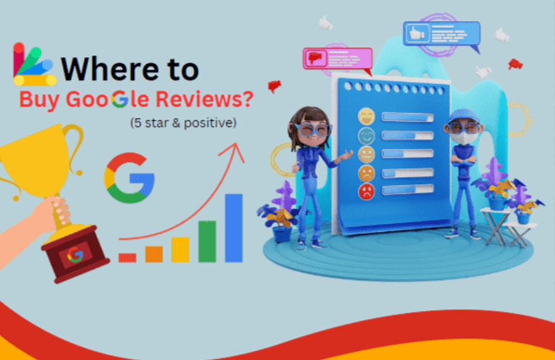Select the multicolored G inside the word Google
tap(120, 99)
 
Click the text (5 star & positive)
tap(183, 123)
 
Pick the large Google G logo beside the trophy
tap(129, 178)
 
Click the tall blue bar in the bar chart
tap(234, 228)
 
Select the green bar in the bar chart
tap(207, 242)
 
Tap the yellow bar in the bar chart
tap(181, 250)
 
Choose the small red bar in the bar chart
tap(128, 258)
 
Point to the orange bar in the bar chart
tap(154, 254)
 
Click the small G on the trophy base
tap(75, 255)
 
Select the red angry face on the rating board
tap(366, 192)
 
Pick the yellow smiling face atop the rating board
tap(366, 116)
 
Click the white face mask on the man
tap(462, 138)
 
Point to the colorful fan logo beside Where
tap(35, 65)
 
